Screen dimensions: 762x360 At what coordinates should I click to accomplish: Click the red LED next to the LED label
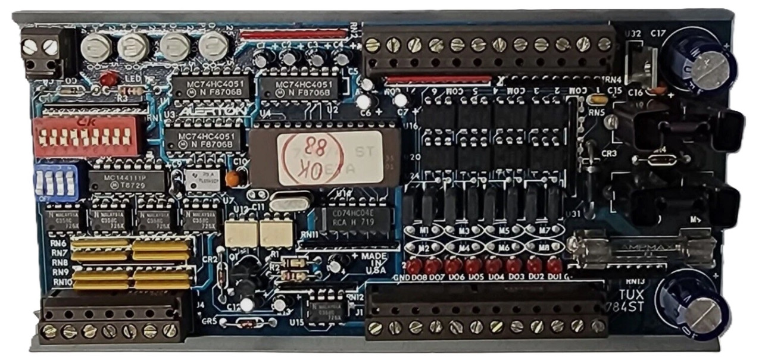point(108,78)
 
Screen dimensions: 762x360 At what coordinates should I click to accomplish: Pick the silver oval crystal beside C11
point(290,203)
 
